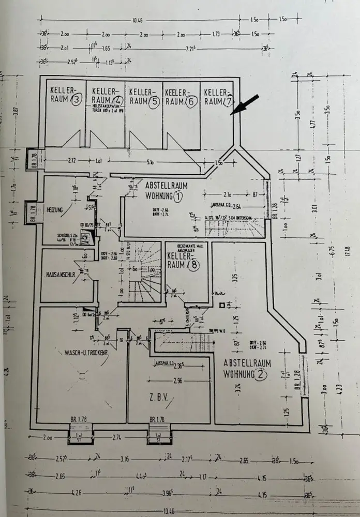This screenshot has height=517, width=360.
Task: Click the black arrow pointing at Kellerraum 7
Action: tap(243, 103)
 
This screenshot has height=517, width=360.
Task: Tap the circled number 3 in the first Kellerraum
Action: tap(77, 101)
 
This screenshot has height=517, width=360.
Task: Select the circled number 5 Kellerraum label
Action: tap(153, 101)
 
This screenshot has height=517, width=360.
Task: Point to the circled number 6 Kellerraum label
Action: tap(190, 101)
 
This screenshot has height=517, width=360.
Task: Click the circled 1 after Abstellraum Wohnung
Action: tap(177, 196)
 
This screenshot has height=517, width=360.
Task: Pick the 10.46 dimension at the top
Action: tap(137, 21)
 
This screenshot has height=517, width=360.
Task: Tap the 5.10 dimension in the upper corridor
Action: tap(149, 161)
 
